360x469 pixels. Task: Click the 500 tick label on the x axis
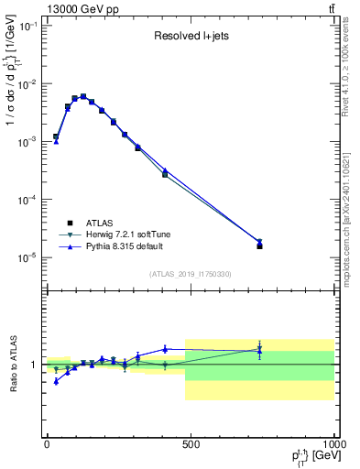click(191, 444)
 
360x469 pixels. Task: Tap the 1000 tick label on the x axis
click(333, 444)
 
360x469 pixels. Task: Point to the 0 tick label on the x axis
click(47, 444)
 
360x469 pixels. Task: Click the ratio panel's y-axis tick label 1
click(34, 365)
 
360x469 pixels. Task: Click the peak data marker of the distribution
click(83, 96)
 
